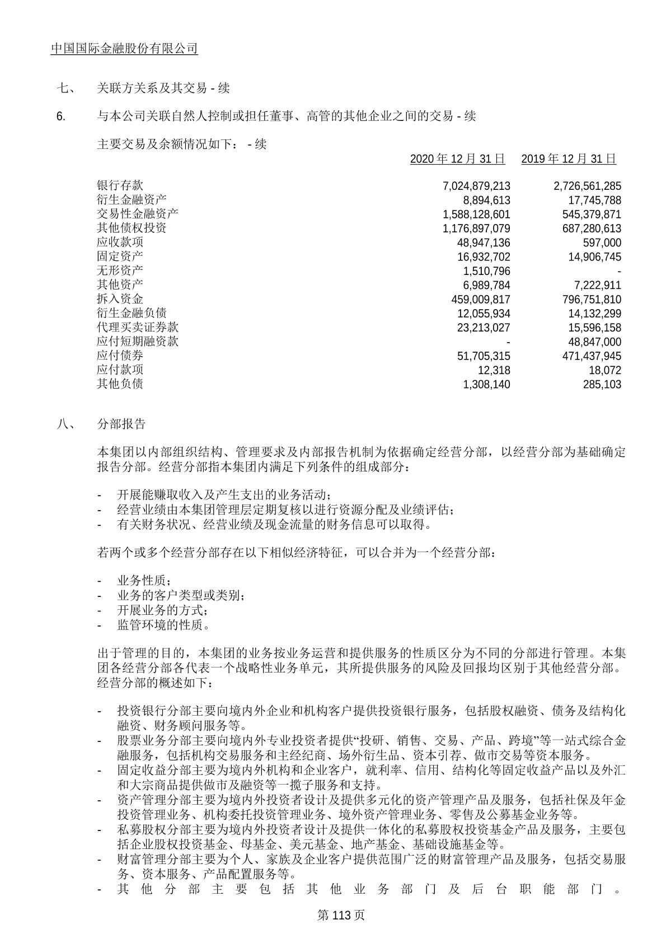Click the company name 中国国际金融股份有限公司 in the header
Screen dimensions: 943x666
coord(124,49)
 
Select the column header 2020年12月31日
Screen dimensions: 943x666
coord(457,159)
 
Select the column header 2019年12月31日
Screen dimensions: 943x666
coord(568,159)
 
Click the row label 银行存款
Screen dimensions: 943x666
coord(120,185)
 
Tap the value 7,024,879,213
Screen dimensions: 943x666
coord(476,186)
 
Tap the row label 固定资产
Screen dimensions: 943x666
coord(120,256)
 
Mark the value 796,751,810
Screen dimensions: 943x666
coord(587,300)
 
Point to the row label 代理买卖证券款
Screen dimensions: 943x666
coord(137,328)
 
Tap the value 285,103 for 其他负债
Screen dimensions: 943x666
coord(602,385)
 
